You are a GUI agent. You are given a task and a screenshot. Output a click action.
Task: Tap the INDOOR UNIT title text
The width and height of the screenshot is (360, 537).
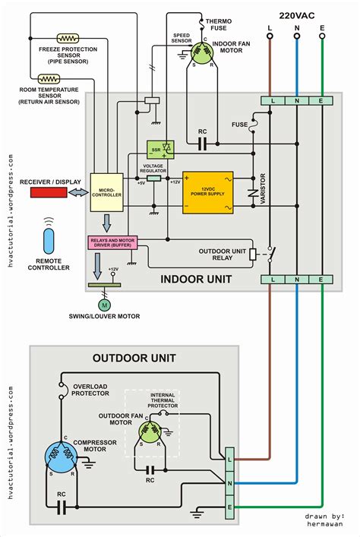[195, 279]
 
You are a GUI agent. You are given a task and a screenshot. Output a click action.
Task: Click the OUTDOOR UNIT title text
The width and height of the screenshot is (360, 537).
[134, 357]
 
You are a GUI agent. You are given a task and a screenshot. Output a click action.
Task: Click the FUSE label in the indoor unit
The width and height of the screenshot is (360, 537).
[240, 124]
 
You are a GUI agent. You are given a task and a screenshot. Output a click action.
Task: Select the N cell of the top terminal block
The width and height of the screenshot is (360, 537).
[296, 100]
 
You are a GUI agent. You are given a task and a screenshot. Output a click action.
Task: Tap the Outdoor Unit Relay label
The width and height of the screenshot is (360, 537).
[222, 255]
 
